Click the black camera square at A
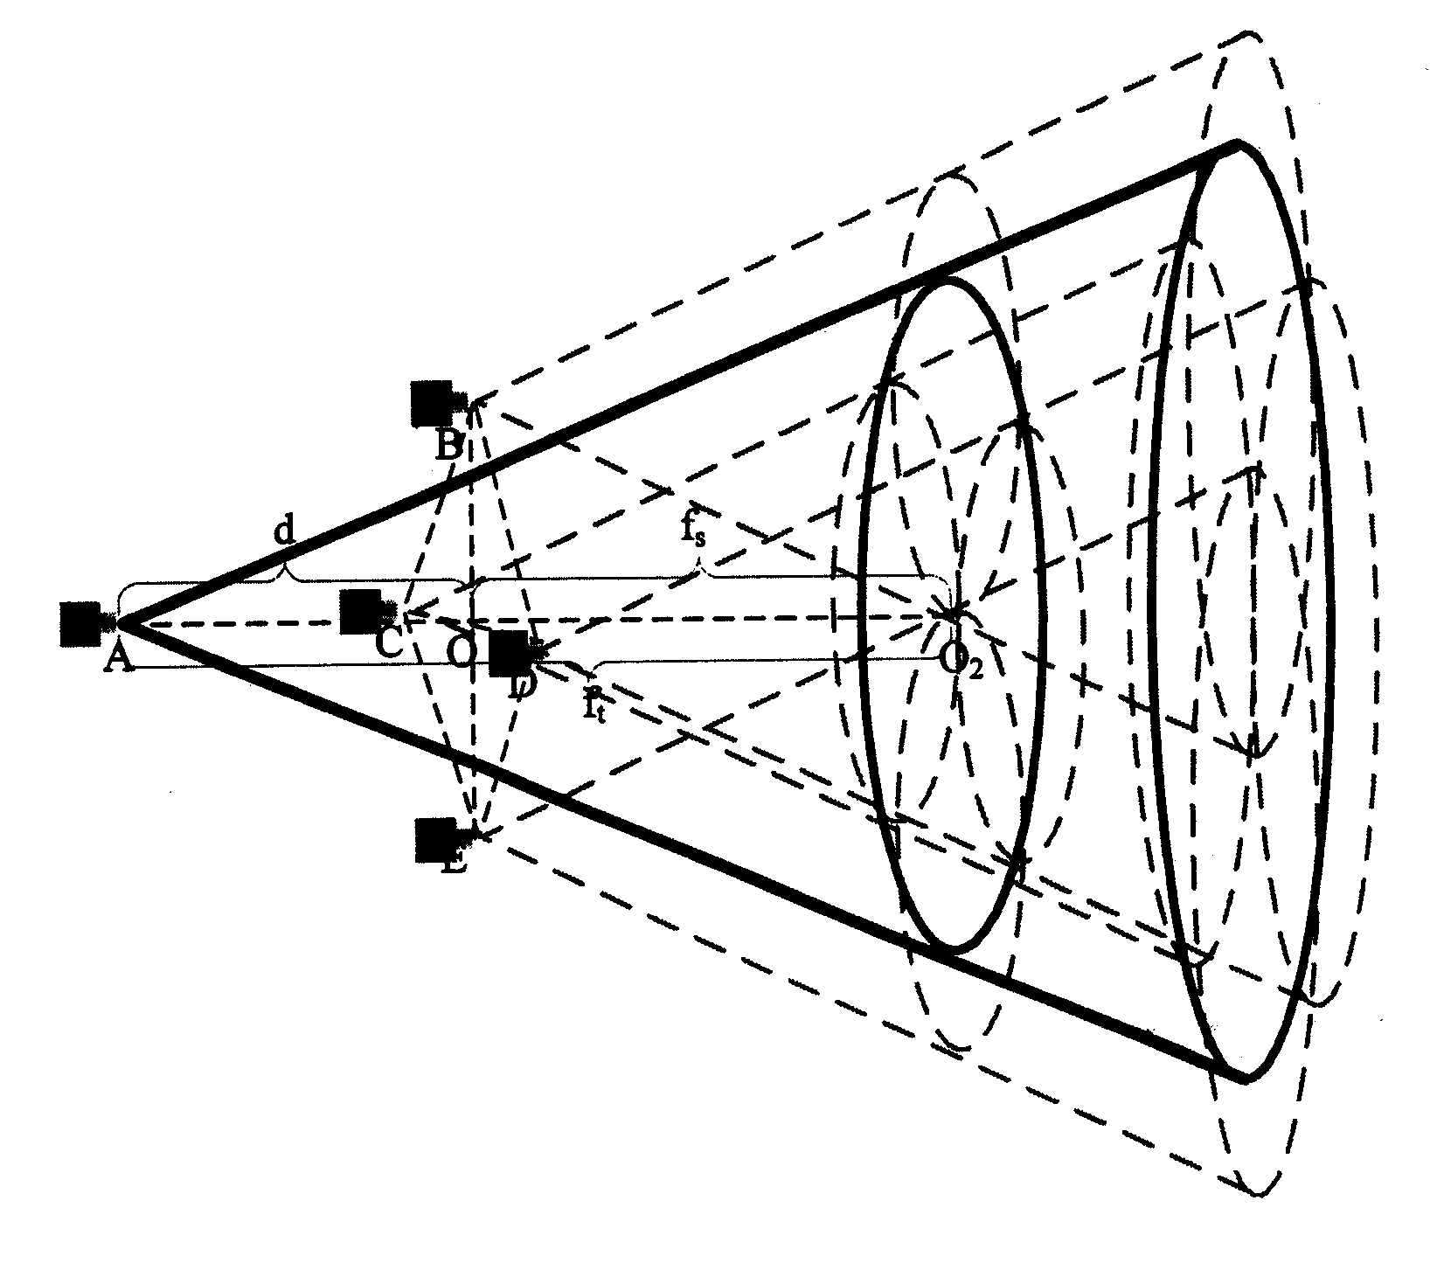point(80,622)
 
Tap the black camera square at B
point(432,402)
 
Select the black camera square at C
point(360,611)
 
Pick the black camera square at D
point(509,653)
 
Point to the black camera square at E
point(434,840)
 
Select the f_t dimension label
point(595,700)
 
